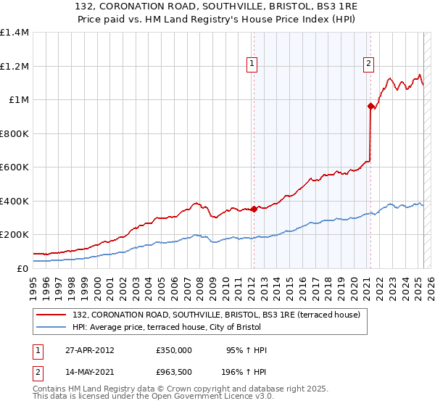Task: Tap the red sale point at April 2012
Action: (254, 210)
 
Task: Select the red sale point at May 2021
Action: (370, 106)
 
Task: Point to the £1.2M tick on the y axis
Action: (14, 66)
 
